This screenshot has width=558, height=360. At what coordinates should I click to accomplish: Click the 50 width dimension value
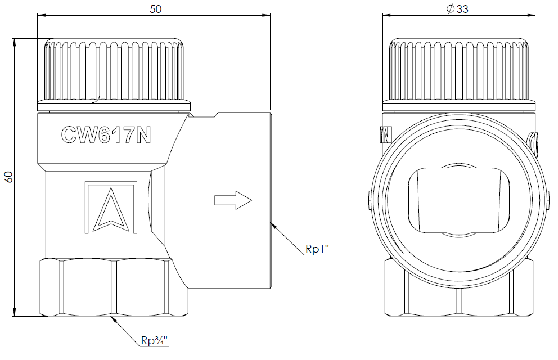tap(155, 9)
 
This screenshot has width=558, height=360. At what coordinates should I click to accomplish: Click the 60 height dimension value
tap(8, 177)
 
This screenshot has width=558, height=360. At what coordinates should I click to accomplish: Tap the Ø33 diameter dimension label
tap(458, 9)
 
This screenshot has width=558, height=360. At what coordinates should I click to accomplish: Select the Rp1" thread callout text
tap(316, 249)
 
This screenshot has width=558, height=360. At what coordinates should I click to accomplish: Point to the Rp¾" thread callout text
tap(154, 340)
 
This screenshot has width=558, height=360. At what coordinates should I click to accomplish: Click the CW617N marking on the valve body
tap(106, 135)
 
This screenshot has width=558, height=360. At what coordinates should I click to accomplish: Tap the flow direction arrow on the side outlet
tap(233, 200)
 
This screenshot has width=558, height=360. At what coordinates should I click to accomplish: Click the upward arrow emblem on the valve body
tap(111, 208)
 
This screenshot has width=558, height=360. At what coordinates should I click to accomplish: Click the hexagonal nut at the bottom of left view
tap(114, 287)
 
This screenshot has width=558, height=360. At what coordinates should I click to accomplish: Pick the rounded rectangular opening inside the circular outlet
tap(458, 201)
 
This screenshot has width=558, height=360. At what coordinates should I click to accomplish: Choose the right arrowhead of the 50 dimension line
tap(266, 15)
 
